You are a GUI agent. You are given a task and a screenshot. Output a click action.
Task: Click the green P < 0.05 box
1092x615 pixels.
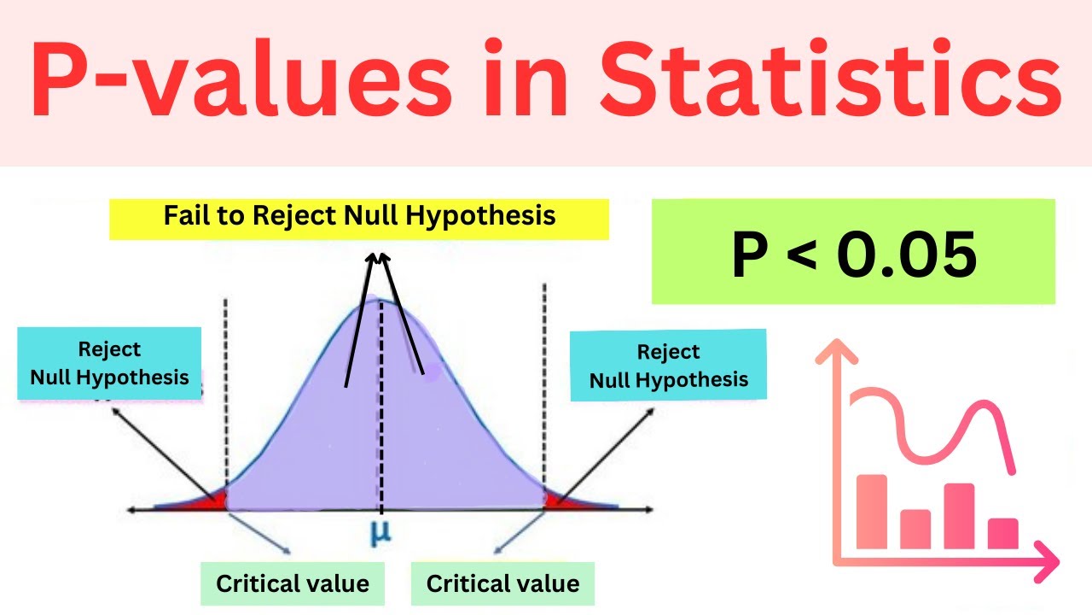click(x=853, y=252)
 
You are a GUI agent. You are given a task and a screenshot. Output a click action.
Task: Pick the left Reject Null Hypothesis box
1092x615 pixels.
click(x=109, y=363)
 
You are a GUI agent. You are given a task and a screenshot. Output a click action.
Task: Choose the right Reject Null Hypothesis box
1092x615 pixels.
click(x=669, y=366)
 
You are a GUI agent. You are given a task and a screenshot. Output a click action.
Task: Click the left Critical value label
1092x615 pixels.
click(x=293, y=584)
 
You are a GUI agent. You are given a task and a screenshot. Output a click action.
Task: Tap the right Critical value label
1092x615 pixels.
click(x=502, y=584)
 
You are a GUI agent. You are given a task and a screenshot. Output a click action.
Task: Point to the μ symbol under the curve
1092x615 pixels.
click(x=380, y=531)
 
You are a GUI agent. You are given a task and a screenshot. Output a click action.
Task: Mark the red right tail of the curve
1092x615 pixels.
click(x=559, y=501)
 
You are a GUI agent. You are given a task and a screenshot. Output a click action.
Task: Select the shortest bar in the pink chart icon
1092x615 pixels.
click(x=1003, y=533)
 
